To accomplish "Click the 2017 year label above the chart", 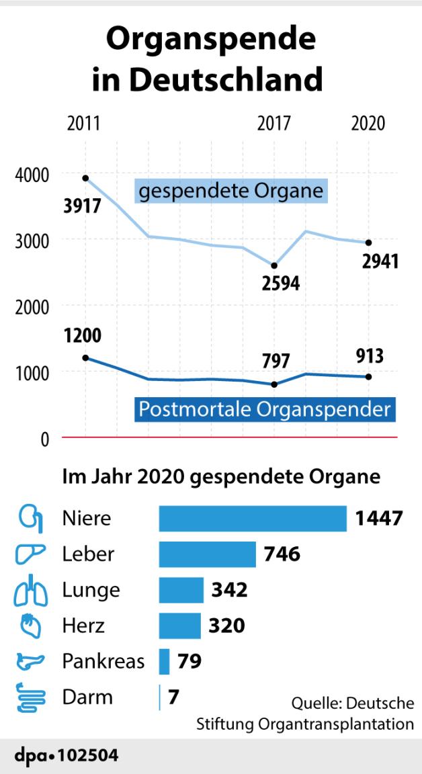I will point(273,124).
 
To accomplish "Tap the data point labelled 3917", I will point(85,178).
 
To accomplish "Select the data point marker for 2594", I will point(274,265).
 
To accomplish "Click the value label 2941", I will point(380,261).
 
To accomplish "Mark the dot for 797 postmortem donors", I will point(274,384).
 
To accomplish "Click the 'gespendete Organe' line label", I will point(231,191).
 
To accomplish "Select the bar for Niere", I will point(253,519).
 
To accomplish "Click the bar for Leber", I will point(207,554).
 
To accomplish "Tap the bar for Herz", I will point(179,626).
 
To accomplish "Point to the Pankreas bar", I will point(164,661).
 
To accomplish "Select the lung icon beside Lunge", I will point(30,590).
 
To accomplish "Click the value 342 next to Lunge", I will point(229,590).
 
